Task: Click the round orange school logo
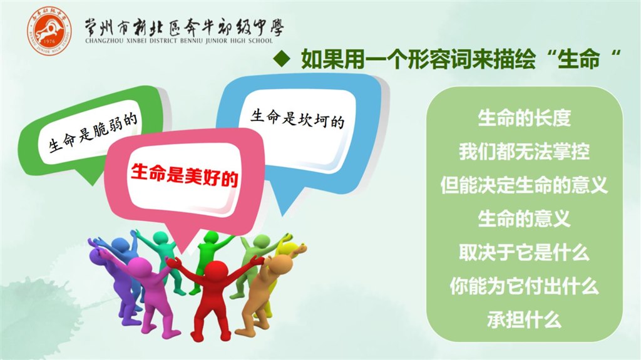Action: point(49,31)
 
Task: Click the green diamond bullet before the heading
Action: point(281,58)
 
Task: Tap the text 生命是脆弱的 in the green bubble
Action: point(93,131)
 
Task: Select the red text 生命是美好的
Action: point(185,175)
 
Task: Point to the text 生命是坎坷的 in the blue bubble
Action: point(297,118)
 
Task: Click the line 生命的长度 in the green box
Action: point(524,118)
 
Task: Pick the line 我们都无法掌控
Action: point(524,152)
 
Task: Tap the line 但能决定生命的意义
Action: point(524,185)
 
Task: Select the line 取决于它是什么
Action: point(524,252)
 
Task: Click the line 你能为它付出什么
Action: point(524,285)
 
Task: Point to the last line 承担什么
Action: point(524,319)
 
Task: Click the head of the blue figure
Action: point(120,245)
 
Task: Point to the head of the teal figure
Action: point(160,238)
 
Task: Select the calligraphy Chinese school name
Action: point(183,28)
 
